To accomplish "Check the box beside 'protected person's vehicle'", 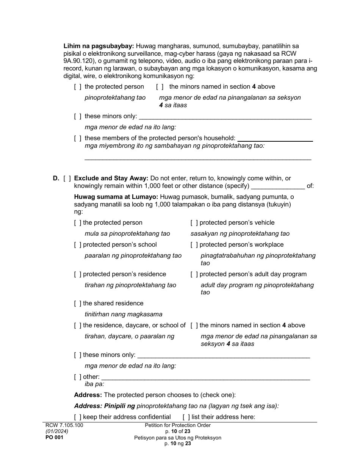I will tap(194, 223).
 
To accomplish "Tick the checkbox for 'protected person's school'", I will tap(77, 245).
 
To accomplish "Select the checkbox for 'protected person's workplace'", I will tap(194, 245).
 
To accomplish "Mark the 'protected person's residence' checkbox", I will tap(77, 274).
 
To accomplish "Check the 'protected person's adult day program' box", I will tap(194, 274).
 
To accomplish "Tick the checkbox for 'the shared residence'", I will tap(77, 303).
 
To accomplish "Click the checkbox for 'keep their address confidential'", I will tap(77, 417).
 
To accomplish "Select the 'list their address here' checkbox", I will tap(186, 417).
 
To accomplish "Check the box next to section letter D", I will tap(67, 178).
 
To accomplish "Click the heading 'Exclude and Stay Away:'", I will tap(111, 178).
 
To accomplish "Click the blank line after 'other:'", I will tap(205, 377).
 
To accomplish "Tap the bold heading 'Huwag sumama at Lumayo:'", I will tap(116, 197).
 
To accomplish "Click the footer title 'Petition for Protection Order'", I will tap(178, 425).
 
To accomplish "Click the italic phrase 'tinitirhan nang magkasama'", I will tap(123, 314).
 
